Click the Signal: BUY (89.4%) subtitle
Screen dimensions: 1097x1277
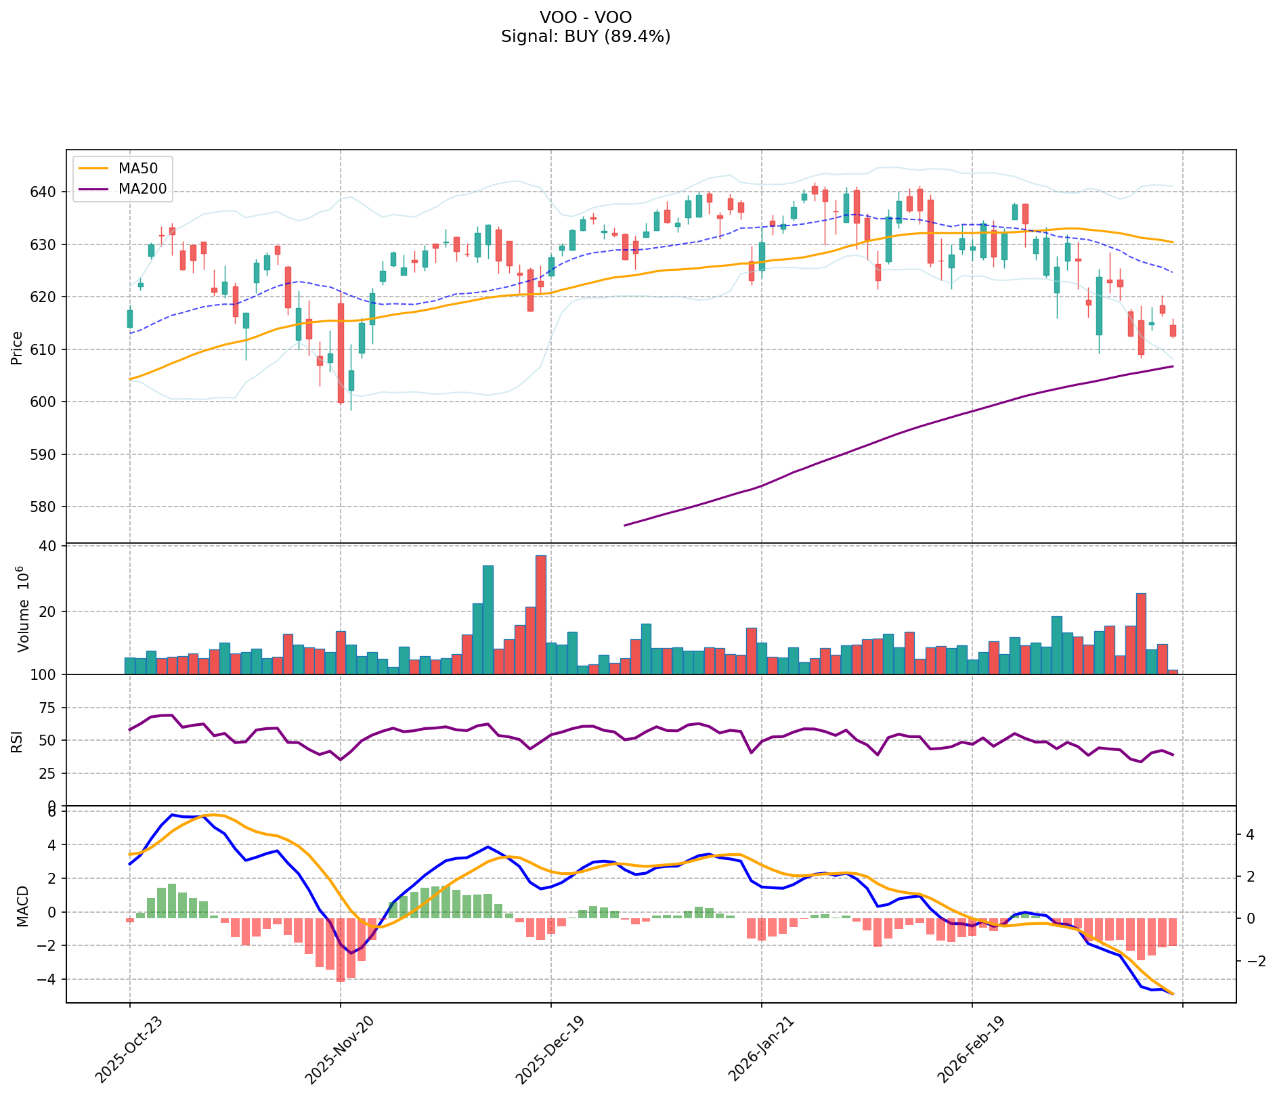pyautogui.click(x=586, y=37)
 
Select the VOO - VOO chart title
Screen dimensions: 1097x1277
pyautogui.click(x=586, y=17)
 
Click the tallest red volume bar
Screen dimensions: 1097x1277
pyautogui.click(x=540, y=614)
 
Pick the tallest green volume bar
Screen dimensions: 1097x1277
pyautogui.click(x=488, y=619)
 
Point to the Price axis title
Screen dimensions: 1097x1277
pyautogui.click(x=18, y=348)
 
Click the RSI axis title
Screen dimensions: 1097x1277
pyautogui.click(x=18, y=741)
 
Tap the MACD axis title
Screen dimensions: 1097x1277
pyautogui.click(x=22, y=906)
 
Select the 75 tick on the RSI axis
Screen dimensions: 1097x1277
pyautogui.click(x=47, y=708)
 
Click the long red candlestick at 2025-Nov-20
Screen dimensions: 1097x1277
pyautogui.click(x=341, y=353)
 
